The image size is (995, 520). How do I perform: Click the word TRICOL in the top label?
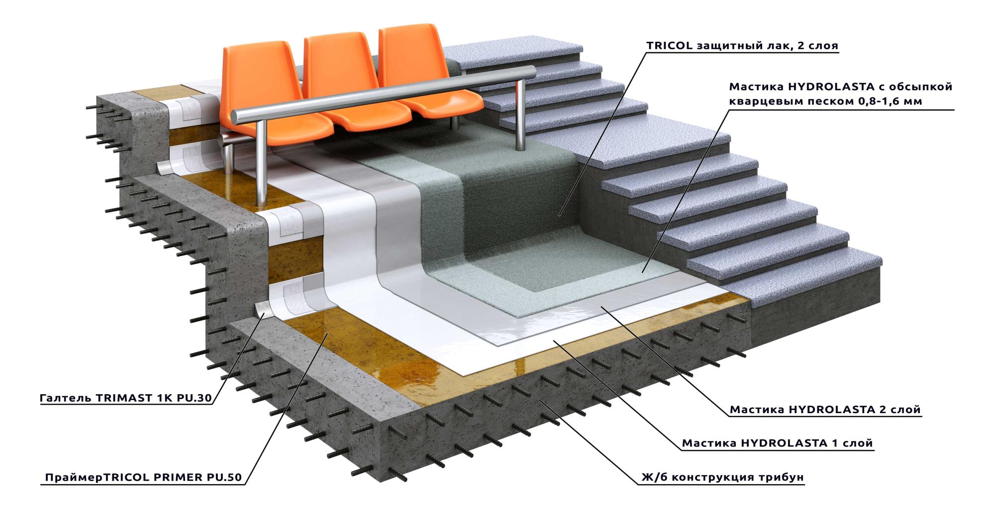(669, 46)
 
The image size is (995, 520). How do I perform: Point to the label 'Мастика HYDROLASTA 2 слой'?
(825, 410)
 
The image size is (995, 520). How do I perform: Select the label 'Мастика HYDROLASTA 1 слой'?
(777, 443)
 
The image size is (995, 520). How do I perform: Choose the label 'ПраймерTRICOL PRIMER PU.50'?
(143, 478)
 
